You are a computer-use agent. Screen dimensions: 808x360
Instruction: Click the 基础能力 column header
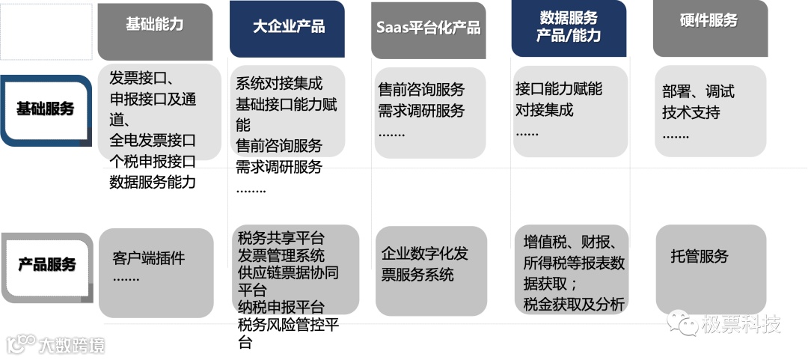(x=155, y=25)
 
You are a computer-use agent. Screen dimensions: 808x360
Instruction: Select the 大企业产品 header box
(x=288, y=27)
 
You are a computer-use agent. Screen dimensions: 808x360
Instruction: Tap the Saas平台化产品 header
(x=428, y=28)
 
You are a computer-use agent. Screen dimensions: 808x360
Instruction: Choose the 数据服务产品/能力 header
(x=569, y=27)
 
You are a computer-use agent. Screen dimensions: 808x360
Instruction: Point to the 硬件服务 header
(x=708, y=21)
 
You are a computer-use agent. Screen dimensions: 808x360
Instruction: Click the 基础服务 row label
(x=46, y=109)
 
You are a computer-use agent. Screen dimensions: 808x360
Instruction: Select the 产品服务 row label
(x=47, y=265)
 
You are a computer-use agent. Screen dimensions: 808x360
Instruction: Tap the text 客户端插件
(x=148, y=258)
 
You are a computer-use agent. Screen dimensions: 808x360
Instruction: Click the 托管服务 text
(x=700, y=257)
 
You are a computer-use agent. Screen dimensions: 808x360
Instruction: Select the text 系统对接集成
(x=279, y=83)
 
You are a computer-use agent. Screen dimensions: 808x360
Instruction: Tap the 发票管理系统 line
(x=281, y=256)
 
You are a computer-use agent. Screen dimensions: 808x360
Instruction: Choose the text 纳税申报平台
(x=281, y=308)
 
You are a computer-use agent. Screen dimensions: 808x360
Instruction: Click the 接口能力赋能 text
(x=559, y=89)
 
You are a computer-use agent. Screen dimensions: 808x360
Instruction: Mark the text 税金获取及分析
(x=574, y=304)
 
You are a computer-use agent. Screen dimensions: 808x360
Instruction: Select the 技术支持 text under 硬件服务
(x=691, y=113)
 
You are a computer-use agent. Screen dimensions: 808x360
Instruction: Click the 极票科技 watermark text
(x=741, y=324)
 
